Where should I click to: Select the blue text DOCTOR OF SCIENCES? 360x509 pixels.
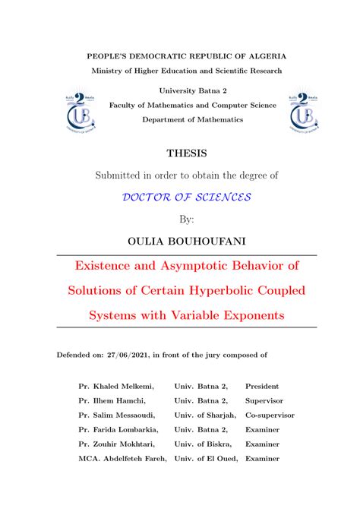click(x=186, y=197)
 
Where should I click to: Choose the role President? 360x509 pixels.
click(x=262, y=387)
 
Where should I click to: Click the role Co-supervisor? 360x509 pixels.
click(x=270, y=416)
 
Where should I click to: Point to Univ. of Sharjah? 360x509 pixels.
click(x=205, y=416)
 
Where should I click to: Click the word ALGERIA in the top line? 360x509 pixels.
click(x=263, y=55)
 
